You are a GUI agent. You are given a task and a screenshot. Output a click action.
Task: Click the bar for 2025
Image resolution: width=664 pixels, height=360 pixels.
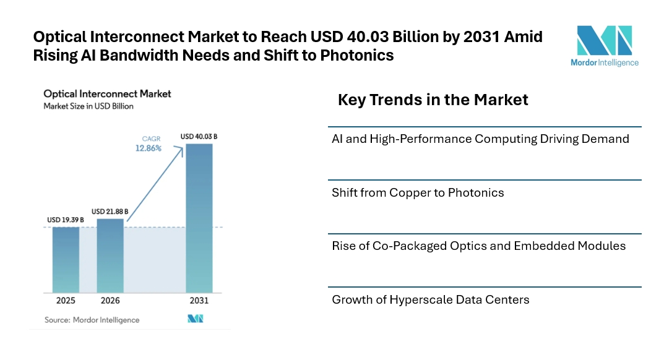tap(66, 259)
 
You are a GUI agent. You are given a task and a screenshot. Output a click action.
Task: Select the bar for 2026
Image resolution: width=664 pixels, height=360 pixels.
tap(110, 255)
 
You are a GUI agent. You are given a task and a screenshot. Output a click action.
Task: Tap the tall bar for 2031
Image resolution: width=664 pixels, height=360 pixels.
tap(199, 218)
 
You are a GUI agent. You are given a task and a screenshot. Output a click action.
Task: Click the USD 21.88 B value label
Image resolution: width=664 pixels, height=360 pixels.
tap(110, 212)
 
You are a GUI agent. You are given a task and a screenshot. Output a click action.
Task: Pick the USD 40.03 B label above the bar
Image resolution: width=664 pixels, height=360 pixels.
tap(199, 136)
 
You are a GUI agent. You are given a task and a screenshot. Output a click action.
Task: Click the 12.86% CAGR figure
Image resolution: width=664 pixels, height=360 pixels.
tap(149, 149)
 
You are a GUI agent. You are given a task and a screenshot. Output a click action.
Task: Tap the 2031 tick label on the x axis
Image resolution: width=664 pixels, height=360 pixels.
tap(199, 301)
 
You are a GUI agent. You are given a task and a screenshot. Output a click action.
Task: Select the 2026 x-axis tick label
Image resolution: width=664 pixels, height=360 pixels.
tap(110, 301)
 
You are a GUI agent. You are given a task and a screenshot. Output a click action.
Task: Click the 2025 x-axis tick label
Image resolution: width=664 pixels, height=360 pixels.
tap(66, 301)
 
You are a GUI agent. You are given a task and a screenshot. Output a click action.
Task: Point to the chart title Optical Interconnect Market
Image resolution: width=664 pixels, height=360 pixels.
tap(107, 94)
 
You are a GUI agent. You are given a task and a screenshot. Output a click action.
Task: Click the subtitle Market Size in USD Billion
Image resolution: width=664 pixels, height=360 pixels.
tap(88, 106)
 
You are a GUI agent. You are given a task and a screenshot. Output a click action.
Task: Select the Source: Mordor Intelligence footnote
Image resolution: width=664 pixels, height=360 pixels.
tap(92, 320)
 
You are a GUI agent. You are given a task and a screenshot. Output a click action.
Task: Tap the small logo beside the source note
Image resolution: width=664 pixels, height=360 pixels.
tap(195, 319)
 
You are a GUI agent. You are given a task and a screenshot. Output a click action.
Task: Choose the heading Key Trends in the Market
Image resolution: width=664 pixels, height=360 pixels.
tap(433, 100)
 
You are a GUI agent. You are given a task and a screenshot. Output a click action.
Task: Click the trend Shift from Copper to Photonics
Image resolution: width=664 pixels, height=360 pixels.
tap(418, 193)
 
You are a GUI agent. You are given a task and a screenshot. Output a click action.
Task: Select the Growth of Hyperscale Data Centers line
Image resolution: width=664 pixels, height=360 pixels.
tap(431, 300)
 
